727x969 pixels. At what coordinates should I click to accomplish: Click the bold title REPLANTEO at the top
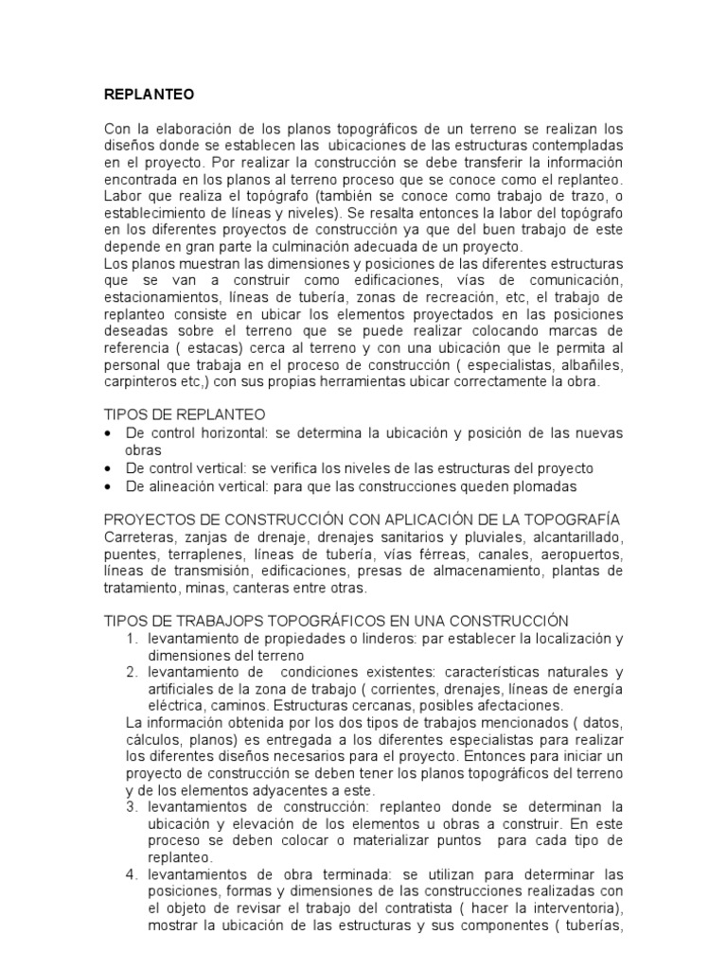pos(148,95)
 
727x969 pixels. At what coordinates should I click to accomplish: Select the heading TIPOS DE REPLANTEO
pos(184,415)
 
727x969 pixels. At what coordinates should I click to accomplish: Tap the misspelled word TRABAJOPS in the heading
pos(238,622)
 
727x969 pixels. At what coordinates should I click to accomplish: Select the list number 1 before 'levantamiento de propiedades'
pos(133,640)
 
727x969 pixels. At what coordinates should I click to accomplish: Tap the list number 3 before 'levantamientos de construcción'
pos(133,807)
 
